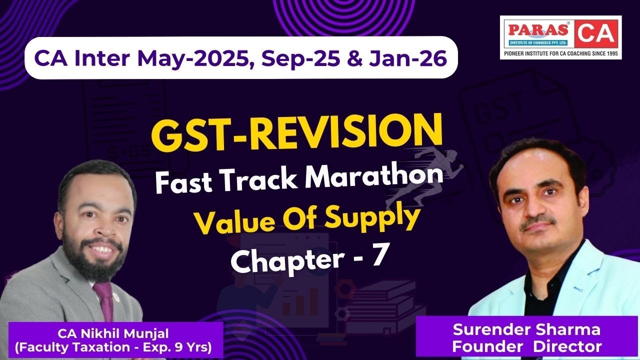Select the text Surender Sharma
(526, 330)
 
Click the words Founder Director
(526, 345)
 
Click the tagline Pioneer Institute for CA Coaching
(560, 53)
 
